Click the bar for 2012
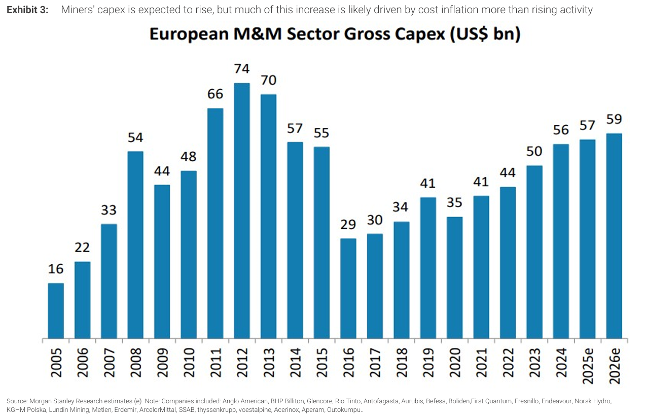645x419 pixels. (x=242, y=211)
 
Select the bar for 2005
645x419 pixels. (x=56, y=310)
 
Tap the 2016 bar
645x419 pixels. (x=348, y=288)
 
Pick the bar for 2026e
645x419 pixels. (x=614, y=236)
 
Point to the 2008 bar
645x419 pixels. (x=135, y=245)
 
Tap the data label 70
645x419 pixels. (x=268, y=81)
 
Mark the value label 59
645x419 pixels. (x=614, y=120)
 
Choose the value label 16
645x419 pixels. (x=56, y=269)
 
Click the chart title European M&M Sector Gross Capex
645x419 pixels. (x=335, y=35)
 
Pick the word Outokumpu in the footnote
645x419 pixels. (x=344, y=409)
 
